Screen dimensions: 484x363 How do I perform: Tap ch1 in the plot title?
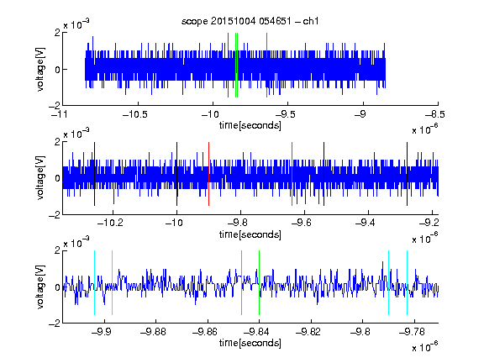coord(311,21)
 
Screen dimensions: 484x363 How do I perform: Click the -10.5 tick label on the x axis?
coord(135,114)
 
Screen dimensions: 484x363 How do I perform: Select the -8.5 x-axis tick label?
coord(434,114)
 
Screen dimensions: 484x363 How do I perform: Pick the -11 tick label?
coord(59,114)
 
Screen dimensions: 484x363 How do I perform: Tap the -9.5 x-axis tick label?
coord(285,114)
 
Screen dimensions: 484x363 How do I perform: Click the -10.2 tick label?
coord(110,222)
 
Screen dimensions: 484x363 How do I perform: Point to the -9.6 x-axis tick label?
coord(301,222)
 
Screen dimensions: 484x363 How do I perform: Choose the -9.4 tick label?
coord(365,222)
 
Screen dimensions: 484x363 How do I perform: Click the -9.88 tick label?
coord(153,332)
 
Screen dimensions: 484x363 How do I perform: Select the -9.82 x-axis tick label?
coord(308,332)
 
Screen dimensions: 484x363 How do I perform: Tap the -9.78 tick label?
coord(412,332)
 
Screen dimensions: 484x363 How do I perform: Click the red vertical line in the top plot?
coord(228,66)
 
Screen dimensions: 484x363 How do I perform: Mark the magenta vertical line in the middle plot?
coord(292,174)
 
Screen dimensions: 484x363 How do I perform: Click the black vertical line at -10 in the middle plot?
coord(176,174)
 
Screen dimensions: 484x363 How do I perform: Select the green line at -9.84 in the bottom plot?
coord(259,282)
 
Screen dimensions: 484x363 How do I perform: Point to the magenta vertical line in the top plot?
coord(266,66)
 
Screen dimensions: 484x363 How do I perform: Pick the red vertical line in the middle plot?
coord(208,174)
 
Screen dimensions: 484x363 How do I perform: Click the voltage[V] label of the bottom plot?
coord(40,287)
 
